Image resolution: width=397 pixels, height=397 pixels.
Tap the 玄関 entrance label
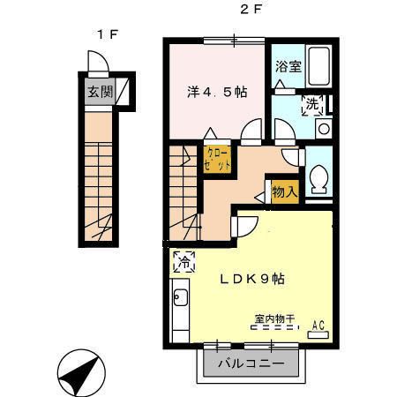tap(98, 91)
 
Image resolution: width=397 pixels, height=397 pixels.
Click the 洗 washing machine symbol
tap(313, 105)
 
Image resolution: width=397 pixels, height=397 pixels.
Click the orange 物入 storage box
tap(284, 191)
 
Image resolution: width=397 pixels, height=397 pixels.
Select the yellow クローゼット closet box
tap(220, 159)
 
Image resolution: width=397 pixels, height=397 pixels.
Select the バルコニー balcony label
tap(251, 362)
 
